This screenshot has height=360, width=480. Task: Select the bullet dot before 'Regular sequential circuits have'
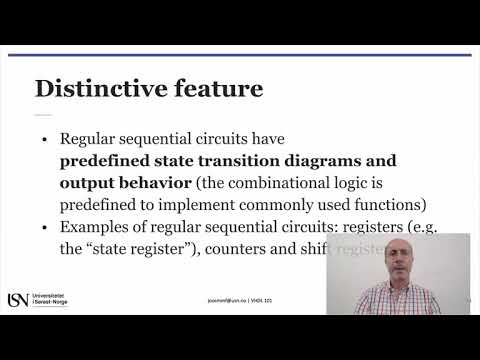click(44, 141)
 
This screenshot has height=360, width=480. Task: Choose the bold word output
click(88, 184)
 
